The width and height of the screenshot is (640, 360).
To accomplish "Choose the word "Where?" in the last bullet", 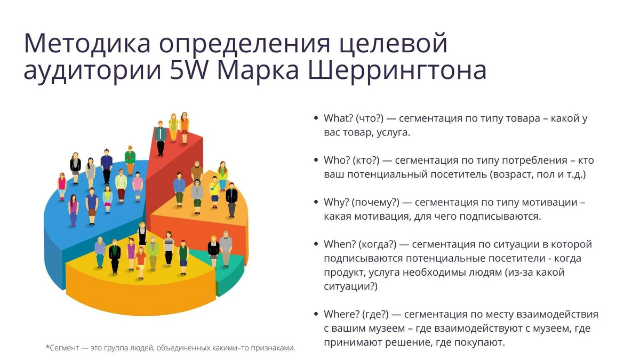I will click(x=341, y=314).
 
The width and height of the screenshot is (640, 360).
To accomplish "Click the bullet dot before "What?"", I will click(x=316, y=118).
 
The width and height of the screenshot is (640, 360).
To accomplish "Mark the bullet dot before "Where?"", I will click(x=316, y=314).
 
